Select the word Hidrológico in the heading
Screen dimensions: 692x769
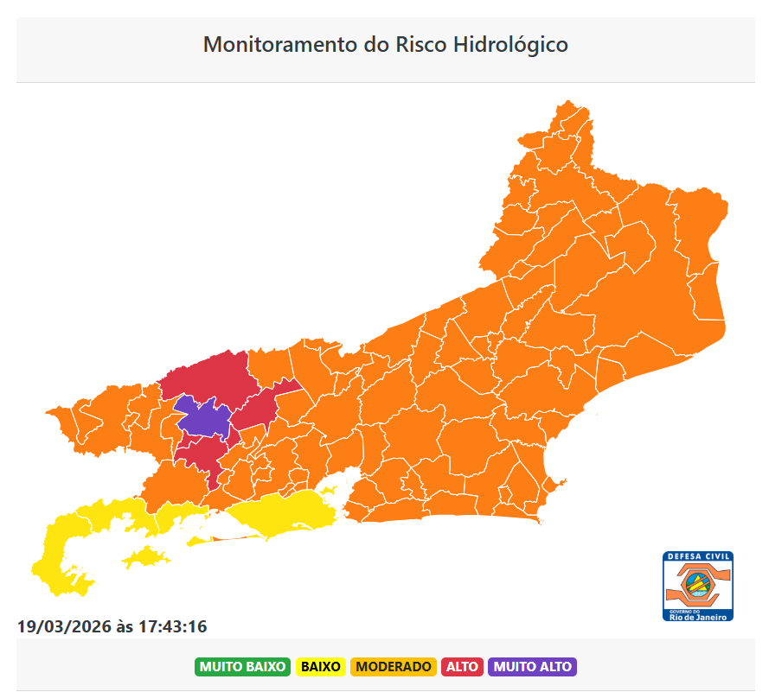click(x=510, y=44)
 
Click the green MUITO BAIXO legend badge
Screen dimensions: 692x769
click(x=242, y=667)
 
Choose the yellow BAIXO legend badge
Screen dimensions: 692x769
click(x=321, y=667)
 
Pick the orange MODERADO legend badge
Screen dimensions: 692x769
click(x=394, y=667)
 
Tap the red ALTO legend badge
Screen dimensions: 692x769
click(x=463, y=667)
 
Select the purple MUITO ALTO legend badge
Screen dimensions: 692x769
click(x=532, y=667)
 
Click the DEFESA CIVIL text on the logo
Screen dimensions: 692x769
click(x=698, y=556)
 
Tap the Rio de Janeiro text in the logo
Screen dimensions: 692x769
click(x=698, y=616)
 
